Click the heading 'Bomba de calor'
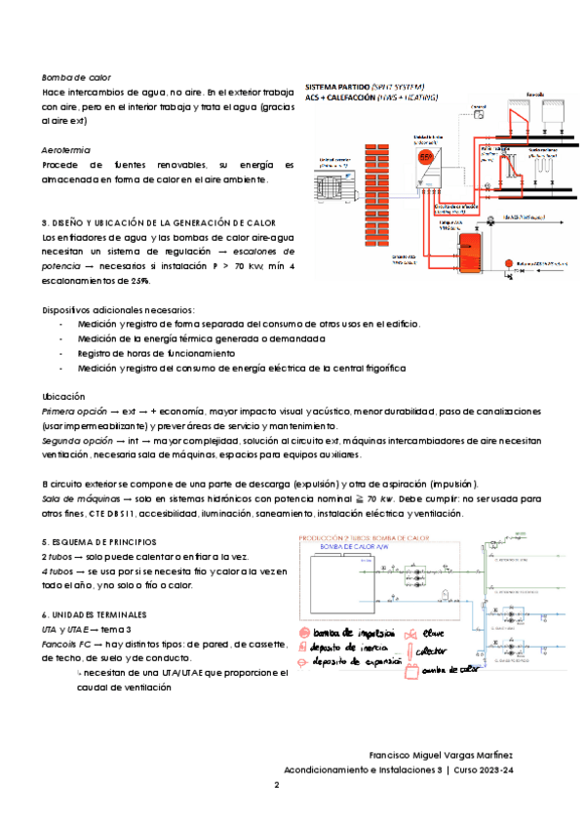pos(76,76)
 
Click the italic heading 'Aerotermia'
pos(67,151)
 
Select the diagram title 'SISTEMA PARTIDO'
pos(337,86)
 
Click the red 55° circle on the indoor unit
pos(427,156)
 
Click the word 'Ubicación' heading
pos(64,397)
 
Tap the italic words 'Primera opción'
pos(74,413)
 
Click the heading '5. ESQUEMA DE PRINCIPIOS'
pos(100,541)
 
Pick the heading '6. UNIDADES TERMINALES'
pos(96,615)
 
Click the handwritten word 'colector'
pos(435,650)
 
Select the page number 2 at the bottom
pos(277,785)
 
